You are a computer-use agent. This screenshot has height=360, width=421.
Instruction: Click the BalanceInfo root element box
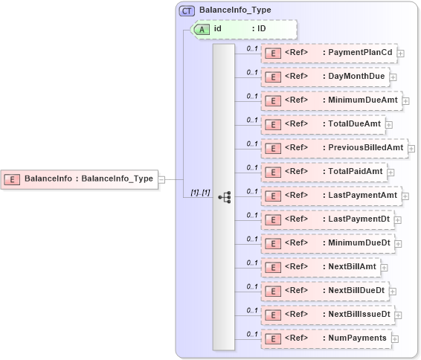[80, 179]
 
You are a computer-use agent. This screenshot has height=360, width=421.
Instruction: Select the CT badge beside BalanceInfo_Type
[187, 10]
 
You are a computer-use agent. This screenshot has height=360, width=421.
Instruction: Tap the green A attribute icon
[201, 29]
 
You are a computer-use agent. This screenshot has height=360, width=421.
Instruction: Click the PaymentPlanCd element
[329, 53]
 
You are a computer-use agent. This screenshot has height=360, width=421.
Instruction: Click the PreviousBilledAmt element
[333, 147]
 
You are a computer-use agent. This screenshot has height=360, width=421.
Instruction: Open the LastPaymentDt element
[327, 219]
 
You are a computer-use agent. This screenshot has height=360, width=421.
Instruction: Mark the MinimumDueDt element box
[327, 243]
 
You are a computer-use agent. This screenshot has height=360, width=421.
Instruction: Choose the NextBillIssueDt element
[327, 314]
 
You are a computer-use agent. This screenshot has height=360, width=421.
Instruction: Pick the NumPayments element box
[325, 338]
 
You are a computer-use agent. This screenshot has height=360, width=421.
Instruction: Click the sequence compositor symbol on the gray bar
[224, 197]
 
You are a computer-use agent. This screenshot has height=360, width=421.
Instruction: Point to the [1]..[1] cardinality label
[200, 193]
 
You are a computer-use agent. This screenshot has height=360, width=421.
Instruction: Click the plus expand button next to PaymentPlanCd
[401, 54]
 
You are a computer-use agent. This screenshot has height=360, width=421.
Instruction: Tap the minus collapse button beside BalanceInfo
[161, 179]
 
